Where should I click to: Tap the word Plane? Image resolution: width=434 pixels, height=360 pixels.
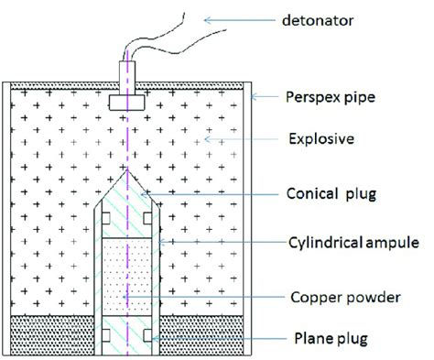298,339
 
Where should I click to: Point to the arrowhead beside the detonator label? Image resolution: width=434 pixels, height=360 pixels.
210,16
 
